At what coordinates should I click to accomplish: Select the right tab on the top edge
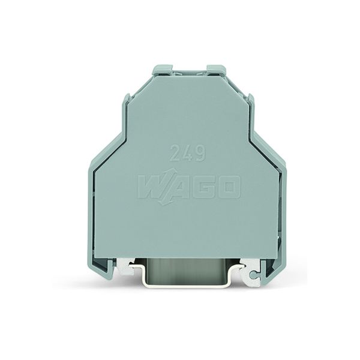tap(217, 71)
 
